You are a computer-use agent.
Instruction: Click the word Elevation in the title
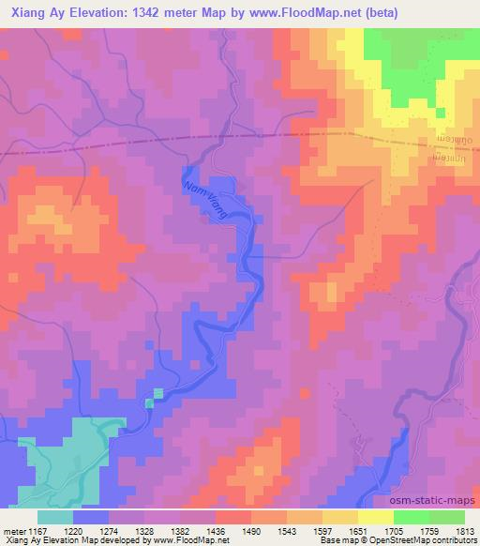tap(97, 13)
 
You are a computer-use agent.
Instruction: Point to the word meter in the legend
tap(12, 531)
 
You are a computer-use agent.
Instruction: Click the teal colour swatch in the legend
tap(55, 517)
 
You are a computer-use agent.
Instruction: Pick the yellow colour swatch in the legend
tap(340, 517)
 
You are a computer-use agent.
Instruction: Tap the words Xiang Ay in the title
tap(34, 13)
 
